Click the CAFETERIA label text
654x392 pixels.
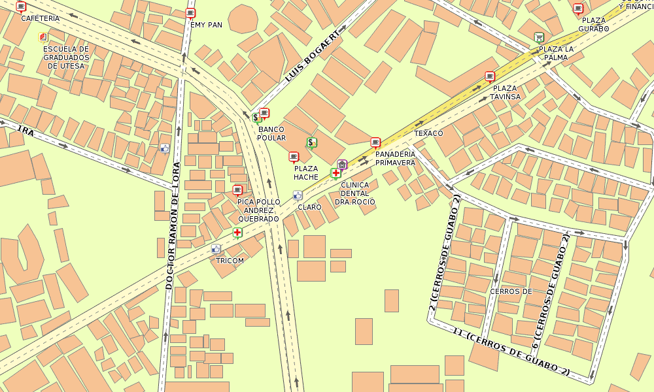(x=40, y=18)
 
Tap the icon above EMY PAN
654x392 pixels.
(x=190, y=13)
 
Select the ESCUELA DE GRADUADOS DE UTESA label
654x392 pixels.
(x=65, y=57)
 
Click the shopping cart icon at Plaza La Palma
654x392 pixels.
(x=539, y=37)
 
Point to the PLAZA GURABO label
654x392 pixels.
(x=594, y=24)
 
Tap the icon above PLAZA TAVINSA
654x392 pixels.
(x=490, y=76)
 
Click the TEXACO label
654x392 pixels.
(x=428, y=133)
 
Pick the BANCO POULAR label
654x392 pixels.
(x=271, y=133)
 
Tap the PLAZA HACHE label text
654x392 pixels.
(x=306, y=172)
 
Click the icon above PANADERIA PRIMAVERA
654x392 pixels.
(x=375, y=142)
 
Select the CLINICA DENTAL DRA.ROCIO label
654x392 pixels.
(x=355, y=193)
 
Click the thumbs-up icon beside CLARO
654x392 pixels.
(x=298, y=195)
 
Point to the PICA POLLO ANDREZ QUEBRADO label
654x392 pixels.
(x=258, y=210)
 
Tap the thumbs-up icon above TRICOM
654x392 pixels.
(x=216, y=249)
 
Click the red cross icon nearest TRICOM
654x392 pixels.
(x=237, y=232)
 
